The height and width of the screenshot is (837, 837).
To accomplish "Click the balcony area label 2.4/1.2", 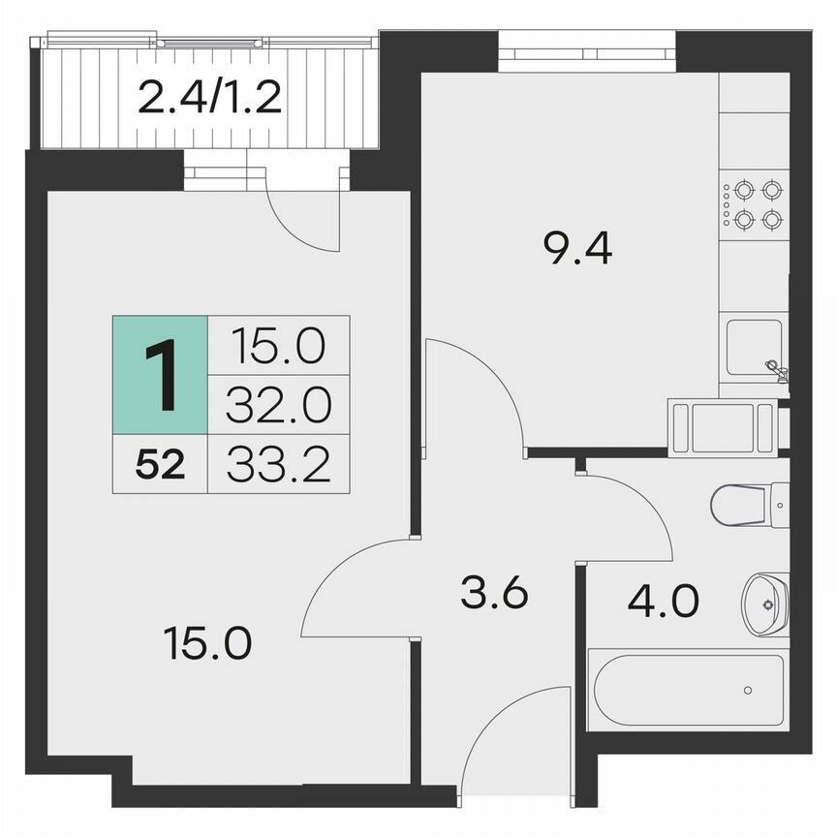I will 209,98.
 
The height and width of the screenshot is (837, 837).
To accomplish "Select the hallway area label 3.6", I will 493,592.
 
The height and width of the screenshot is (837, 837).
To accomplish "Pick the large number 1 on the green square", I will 160,374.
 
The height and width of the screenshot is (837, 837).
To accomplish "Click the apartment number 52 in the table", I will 160,465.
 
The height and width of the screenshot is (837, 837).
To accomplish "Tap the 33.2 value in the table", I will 278,465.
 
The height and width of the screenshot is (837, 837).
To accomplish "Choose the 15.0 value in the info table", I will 278,344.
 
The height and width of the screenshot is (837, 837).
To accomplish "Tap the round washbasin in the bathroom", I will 765,603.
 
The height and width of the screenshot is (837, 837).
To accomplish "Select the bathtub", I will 688,690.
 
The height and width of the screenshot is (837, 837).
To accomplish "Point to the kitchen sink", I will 753,349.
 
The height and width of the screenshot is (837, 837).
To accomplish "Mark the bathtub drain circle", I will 748,690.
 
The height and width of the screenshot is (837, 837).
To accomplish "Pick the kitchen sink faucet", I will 775,368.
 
